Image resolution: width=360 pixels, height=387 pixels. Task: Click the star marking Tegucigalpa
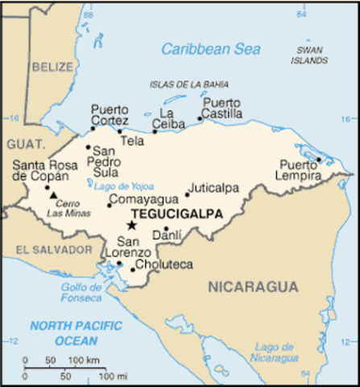pos(130,226)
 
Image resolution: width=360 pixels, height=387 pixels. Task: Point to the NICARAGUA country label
pos(253,286)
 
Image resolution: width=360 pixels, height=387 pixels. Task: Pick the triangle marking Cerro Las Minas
pos(53,194)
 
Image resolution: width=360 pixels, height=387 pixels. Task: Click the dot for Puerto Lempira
pos(319,160)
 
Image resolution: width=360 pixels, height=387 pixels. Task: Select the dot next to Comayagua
pos(110,206)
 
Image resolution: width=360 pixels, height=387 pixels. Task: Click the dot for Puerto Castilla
pos(200,119)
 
